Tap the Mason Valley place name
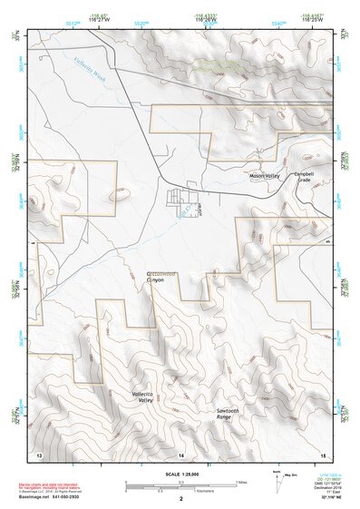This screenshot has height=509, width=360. point(266,174)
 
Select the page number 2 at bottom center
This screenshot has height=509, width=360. point(180,499)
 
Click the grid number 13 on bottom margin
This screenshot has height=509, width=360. point(39,453)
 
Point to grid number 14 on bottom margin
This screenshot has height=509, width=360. point(180,453)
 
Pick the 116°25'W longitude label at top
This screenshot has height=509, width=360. point(311,20)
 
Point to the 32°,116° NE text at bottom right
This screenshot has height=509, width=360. point(319,497)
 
